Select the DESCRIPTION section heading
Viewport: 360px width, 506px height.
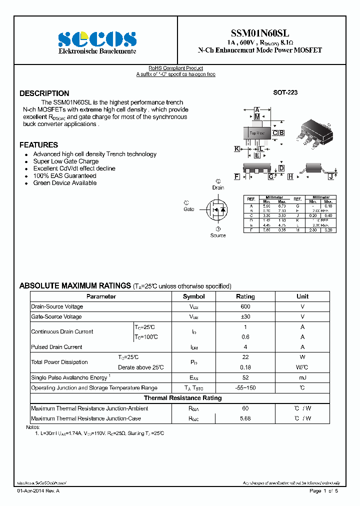tap(44, 93)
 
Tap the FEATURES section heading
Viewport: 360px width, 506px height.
tap(38, 145)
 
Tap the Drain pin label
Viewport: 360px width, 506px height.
tap(218, 187)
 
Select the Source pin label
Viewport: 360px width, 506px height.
tap(218, 235)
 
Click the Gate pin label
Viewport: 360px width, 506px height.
tap(188, 209)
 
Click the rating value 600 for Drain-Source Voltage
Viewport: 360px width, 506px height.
tap(245, 306)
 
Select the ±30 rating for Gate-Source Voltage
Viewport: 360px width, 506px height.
tap(245, 316)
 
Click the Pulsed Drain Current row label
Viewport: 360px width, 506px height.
tap(56, 347)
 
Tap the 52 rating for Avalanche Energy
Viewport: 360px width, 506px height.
tap(245, 377)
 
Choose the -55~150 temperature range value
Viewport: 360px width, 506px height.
tap(245, 388)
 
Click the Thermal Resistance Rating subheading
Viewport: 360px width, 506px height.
tap(182, 398)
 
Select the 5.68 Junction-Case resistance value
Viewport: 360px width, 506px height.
tap(245, 418)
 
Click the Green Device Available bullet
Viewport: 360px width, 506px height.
tap(65, 183)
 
